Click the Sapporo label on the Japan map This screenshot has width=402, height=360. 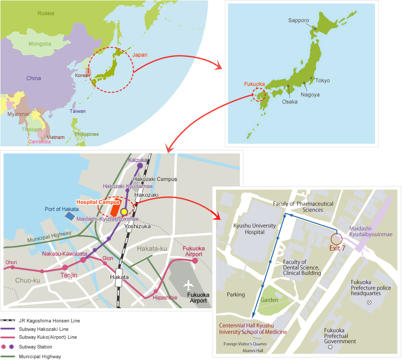pyautogui.click(x=299, y=20)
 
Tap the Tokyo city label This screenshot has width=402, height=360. pyautogui.click(x=322, y=80)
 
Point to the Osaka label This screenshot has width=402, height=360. pyautogui.click(x=289, y=101)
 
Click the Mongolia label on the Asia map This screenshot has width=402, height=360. pyautogui.click(x=40, y=44)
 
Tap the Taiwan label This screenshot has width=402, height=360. pyautogui.click(x=77, y=111)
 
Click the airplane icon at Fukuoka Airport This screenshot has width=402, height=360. pyautogui.click(x=190, y=283)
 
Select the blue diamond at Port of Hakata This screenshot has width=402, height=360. pyautogui.click(x=69, y=216)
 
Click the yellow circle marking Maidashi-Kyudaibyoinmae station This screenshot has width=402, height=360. pyautogui.click(x=124, y=212)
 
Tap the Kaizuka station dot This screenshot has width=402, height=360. pyautogui.click(x=140, y=166)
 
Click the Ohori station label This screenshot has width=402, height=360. pyautogui.click(x=11, y=262)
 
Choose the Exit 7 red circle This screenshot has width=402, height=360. pyautogui.click(x=337, y=239)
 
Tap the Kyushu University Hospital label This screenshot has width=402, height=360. pyautogui.click(x=254, y=229)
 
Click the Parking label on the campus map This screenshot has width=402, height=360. pyautogui.click(x=235, y=295)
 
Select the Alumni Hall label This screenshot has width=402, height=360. pyautogui.click(x=253, y=351)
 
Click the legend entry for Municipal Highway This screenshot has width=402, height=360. pyautogui.click(x=40, y=356)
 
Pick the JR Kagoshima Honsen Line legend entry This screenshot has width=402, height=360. pyautogui.click(x=49, y=321)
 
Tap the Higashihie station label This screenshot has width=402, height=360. pyautogui.click(x=165, y=298)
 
